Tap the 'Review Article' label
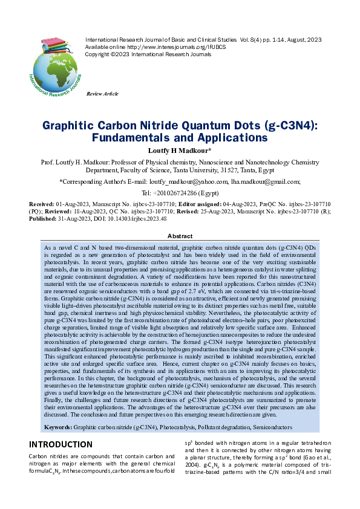pos(103,94)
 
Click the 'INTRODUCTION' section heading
pos(61,444)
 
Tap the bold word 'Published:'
pos(44,219)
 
